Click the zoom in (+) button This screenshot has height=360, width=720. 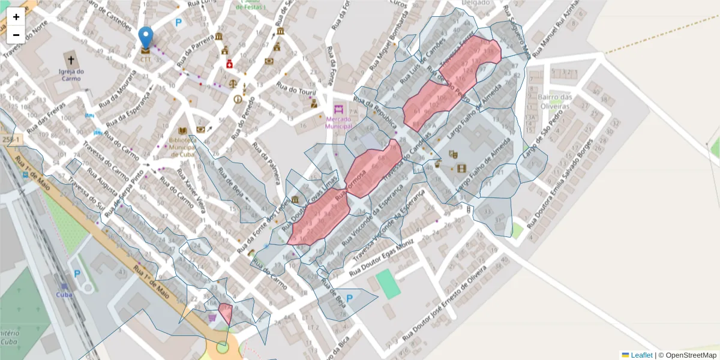(16, 17)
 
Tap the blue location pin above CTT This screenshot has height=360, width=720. (146, 38)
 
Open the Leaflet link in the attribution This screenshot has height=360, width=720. (640, 355)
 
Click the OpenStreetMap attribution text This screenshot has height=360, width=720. (687, 355)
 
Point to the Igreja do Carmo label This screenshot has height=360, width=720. (71, 75)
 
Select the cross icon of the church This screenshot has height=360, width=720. (71, 60)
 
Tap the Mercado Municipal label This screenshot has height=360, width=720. (339, 122)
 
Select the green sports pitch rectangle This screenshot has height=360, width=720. (388, 283)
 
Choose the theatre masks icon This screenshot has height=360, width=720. (453, 154)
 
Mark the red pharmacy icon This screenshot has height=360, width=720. (229, 64)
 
